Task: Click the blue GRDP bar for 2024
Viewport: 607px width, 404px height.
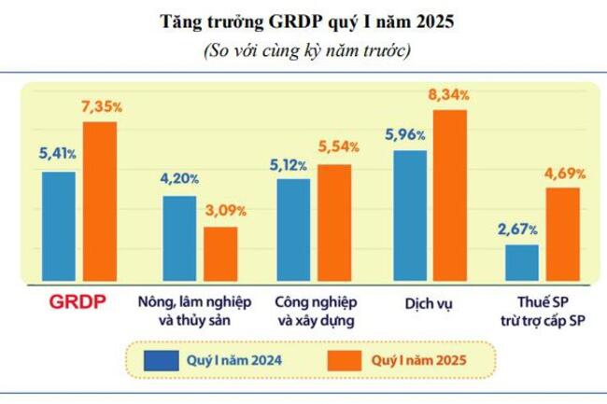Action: click(59, 227)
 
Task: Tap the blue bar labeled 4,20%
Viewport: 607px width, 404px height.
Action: click(179, 239)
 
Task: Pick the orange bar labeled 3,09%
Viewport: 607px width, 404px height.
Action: click(220, 254)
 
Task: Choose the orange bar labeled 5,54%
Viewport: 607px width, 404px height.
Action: click(334, 223)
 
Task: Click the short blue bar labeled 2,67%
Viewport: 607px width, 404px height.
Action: click(521, 263)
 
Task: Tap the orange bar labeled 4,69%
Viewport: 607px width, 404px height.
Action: click(562, 235)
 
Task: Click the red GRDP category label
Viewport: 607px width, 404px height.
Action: click(78, 302)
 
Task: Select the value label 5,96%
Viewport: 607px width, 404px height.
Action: click(405, 135)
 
